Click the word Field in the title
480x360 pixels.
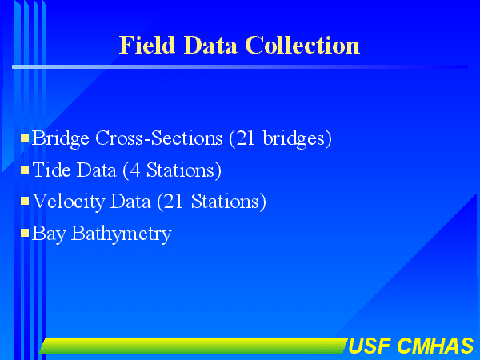pyautogui.click(x=147, y=45)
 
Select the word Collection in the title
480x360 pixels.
pyautogui.click(x=302, y=45)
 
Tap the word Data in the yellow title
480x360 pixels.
pyautogui.click(x=210, y=45)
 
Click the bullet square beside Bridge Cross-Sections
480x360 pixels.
pyautogui.click(x=25, y=138)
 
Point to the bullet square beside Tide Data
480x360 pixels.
pyautogui.click(x=25, y=170)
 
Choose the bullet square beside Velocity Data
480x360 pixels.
pyautogui.click(x=25, y=201)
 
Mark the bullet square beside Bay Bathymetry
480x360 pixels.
pyautogui.click(x=25, y=233)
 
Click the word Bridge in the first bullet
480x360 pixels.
pyautogui.click(x=61, y=138)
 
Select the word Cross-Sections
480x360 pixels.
pyautogui.click(x=159, y=138)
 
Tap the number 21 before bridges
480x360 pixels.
pyautogui.click(x=246, y=138)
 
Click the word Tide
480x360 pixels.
pyautogui.click(x=51, y=170)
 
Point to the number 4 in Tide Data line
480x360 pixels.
pyautogui.click(x=135, y=170)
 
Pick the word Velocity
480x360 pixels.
pyautogui.click(x=69, y=202)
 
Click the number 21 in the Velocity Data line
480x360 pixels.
pyautogui.click(x=174, y=202)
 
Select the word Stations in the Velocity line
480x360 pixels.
pyautogui.click(x=225, y=202)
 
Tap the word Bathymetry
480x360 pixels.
pyautogui.click(x=122, y=234)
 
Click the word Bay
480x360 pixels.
pyautogui.click(x=48, y=234)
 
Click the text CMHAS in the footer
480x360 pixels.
pyautogui.click(x=435, y=346)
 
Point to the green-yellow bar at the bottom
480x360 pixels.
pyautogui.click(x=194, y=346)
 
